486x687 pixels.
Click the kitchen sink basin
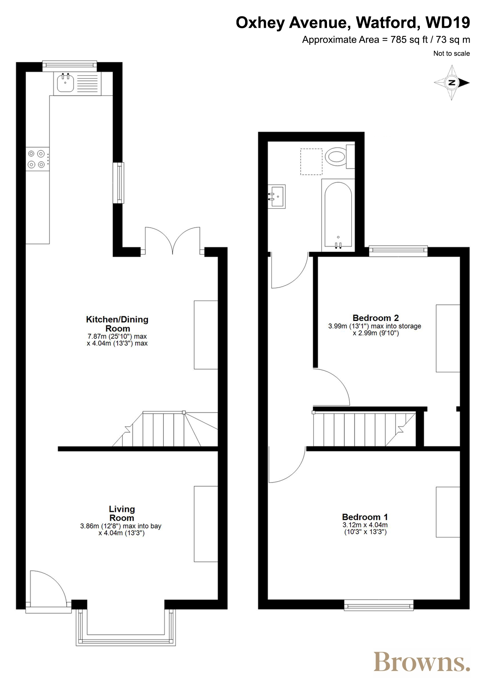65,83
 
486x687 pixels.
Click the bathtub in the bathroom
338,215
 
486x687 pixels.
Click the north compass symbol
452,83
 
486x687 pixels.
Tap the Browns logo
422,661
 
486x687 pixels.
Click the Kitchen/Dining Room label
117,324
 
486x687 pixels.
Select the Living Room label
122,513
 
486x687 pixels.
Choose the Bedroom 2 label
376,318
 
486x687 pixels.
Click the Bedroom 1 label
365,517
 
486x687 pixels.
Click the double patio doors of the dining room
173,240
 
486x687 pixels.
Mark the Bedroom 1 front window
379,605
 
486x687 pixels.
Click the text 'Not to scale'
452,54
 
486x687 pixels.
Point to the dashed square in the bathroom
311,162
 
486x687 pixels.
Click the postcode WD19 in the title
448,23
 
